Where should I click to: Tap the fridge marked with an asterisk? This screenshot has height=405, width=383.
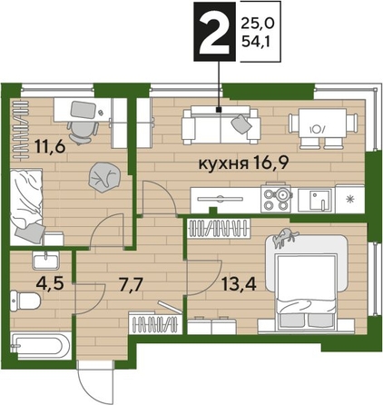350,196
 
